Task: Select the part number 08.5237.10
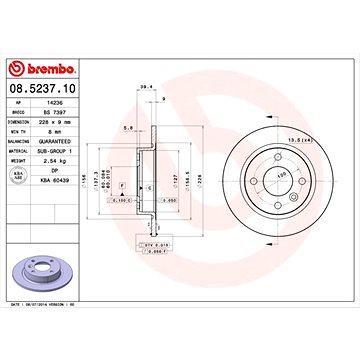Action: (x=44, y=88)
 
